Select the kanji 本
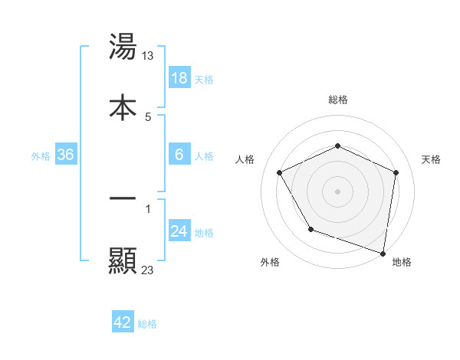click(x=123, y=106)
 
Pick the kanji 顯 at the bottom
click(x=123, y=261)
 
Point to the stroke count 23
click(x=148, y=269)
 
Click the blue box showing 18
click(x=179, y=78)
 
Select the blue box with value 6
click(x=179, y=155)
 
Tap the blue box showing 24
click(x=179, y=231)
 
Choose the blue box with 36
click(x=66, y=155)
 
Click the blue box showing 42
click(x=123, y=322)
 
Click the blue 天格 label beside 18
click(x=204, y=80)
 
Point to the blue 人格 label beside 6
click(x=204, y=156)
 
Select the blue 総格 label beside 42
click(x=147, y=324)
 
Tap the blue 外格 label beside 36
click(x=41, y=156)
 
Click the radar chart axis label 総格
click(x=338, y=100)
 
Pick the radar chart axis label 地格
click(x=402, y=262)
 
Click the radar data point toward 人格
click(x=280, y=173)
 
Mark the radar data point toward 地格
click(x=383, y=253)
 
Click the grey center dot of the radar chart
click(x=338, y=191)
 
